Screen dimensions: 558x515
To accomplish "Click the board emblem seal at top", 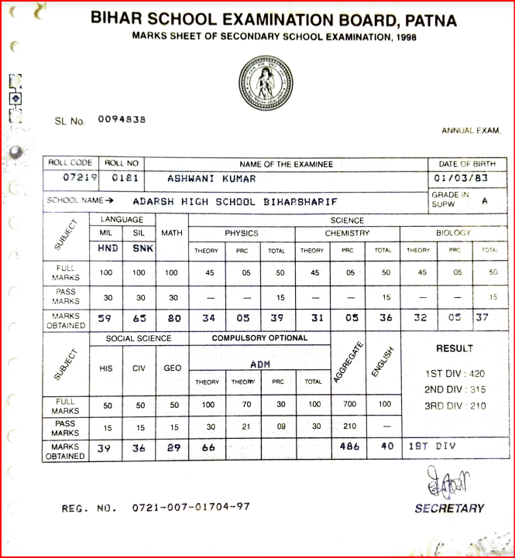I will point(267,84).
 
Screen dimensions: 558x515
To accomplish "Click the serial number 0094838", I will point(122,120).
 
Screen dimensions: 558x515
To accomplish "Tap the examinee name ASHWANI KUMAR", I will point(211,179).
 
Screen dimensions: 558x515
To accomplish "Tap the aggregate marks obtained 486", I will point(351,447).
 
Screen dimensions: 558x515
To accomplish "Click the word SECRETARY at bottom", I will point(449,508).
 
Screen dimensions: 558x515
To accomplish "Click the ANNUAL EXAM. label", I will point(471,131).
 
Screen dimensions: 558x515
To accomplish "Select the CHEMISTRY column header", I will point(347,233).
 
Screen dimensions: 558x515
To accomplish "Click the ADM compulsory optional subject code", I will point(259,364).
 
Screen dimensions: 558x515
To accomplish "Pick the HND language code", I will point(108,249).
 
